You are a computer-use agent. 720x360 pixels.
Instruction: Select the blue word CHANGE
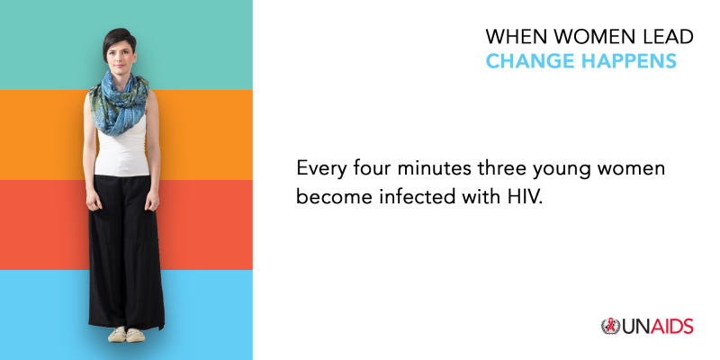click(525, 61)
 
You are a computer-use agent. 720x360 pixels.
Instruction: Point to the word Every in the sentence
click(322, 169)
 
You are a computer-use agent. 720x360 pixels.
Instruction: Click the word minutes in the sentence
click(435, 168)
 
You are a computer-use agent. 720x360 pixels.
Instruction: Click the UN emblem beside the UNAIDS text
click(610, 326)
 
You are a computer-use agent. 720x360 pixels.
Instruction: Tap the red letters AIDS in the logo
click(671, 327)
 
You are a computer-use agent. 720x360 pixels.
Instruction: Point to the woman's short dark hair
click(118, 38)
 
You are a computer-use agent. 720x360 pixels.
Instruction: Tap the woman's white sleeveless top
click(121, 151)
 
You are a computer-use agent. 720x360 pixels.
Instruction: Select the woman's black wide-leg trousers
click(125, 252)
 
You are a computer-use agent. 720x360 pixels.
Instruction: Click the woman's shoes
click(126, 334)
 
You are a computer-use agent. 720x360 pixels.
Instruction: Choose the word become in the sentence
click(335, 197)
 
